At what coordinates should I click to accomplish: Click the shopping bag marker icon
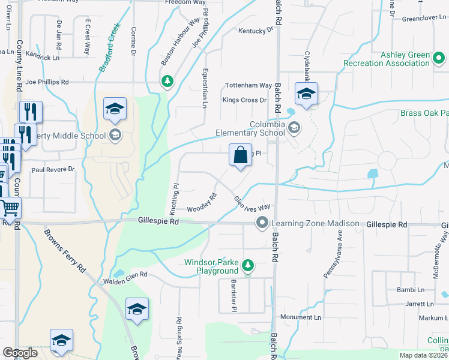pos(240,155)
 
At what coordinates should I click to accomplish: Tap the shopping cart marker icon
pos(10,208)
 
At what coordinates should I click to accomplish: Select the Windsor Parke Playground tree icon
pos(247,265)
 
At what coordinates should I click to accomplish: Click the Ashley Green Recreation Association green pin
pos(438,58)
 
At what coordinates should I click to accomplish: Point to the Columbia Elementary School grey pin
pos(294,127)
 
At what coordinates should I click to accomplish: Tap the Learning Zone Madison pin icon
pos(262,223)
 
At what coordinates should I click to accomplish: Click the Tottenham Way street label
pos(248,86)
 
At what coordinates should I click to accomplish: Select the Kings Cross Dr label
pos(244,100)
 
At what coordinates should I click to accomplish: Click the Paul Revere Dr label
pos(53,170)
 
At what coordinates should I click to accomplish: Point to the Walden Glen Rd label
pos(125,275)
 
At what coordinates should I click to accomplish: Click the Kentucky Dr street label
pos(252,31)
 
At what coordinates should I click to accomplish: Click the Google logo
pos(20,353)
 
